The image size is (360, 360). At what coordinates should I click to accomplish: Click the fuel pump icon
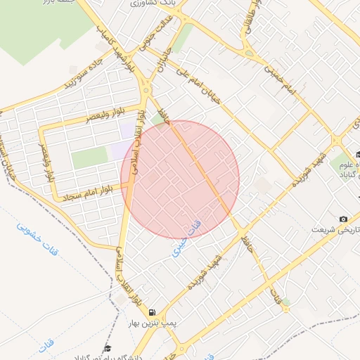tap(152, 311)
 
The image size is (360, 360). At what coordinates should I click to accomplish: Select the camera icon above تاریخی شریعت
tap(344, 219)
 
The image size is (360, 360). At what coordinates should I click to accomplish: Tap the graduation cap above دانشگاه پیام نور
tap(108, 348)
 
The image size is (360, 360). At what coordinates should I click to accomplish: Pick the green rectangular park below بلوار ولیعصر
tap(89, 158)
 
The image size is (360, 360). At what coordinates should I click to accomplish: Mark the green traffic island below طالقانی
tap(250, 53)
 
